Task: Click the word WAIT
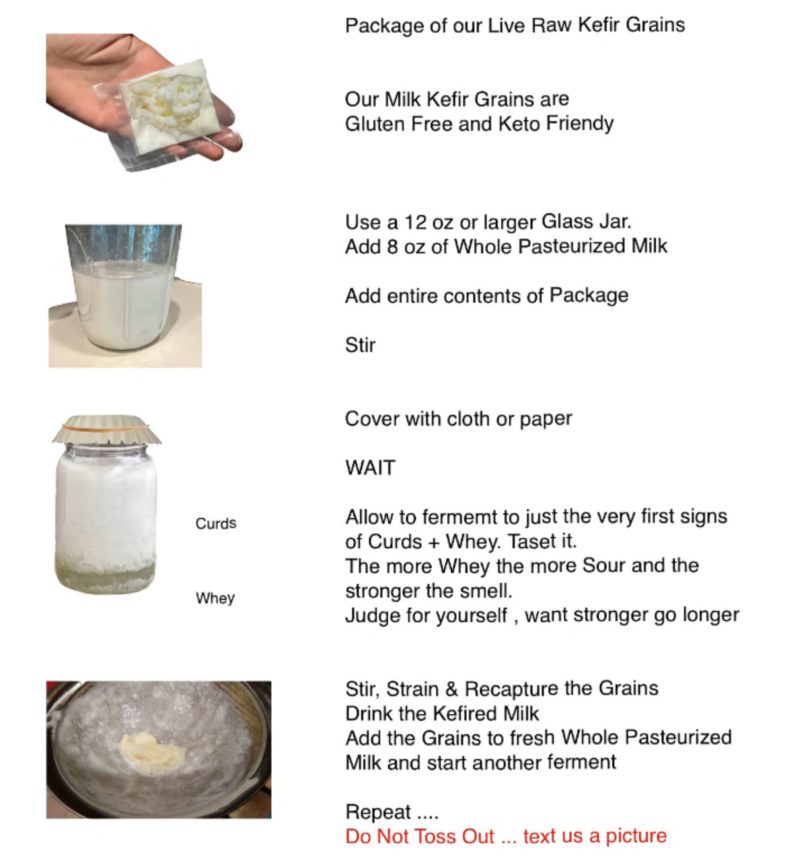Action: pyautogui.click(x=370, y=467)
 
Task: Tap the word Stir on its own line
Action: pyautogui.click(x=360, y=345)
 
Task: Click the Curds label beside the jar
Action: pyautogui.click(x=216, y=523)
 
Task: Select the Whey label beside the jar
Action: pyautogui.click(x=215, y=598)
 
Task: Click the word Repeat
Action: pyautogui.click(x=378, y=812)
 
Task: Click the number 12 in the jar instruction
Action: pyautogui.click(x=416, y=222)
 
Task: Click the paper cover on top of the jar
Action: pyautogui.click(x=106, y=429)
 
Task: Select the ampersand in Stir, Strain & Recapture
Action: pyautogui.click(x=451, y=689)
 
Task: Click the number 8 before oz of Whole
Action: pyautogui.click(x=392, y=247)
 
